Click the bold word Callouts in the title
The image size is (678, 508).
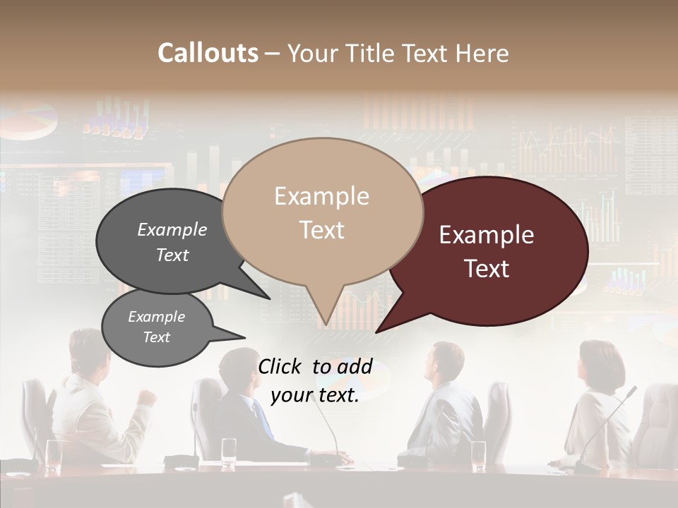(x=208, y=53)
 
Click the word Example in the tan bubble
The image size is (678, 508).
(x=321, y=195)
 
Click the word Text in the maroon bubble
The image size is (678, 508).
(x=487, y=269)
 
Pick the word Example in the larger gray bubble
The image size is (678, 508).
(x=172, y=229)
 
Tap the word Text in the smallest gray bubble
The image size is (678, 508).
(x=156, y=337)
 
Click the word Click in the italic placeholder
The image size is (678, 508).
(x=281, y=366)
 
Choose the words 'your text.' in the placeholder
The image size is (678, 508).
(x=315, y=396)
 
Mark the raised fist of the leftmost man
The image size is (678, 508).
(x=147, y=397)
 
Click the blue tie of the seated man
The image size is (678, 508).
(x=262, y=419)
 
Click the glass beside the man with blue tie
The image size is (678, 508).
(x=229, y=452)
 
